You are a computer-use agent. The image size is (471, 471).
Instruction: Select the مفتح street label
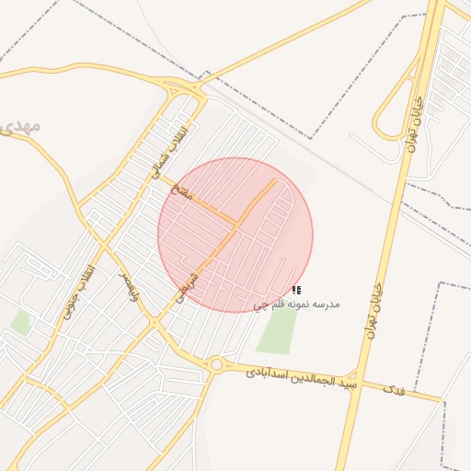point(181,191)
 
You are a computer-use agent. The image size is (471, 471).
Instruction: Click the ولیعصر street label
point(132,289)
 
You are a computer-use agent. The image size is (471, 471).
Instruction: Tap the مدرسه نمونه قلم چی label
point(297,304)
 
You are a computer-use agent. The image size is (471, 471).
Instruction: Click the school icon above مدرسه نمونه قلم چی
point(295,291)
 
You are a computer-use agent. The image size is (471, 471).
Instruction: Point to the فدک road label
point(394,389)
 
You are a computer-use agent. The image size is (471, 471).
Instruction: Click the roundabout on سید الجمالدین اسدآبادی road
point(216,365)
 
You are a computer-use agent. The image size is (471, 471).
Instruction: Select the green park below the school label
point(277,331)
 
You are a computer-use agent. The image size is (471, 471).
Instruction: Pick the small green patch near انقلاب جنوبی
point(20,322)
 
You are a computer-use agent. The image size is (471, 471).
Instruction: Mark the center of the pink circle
point(235,235)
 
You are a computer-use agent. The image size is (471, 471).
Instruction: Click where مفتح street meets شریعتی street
point(238,224)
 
